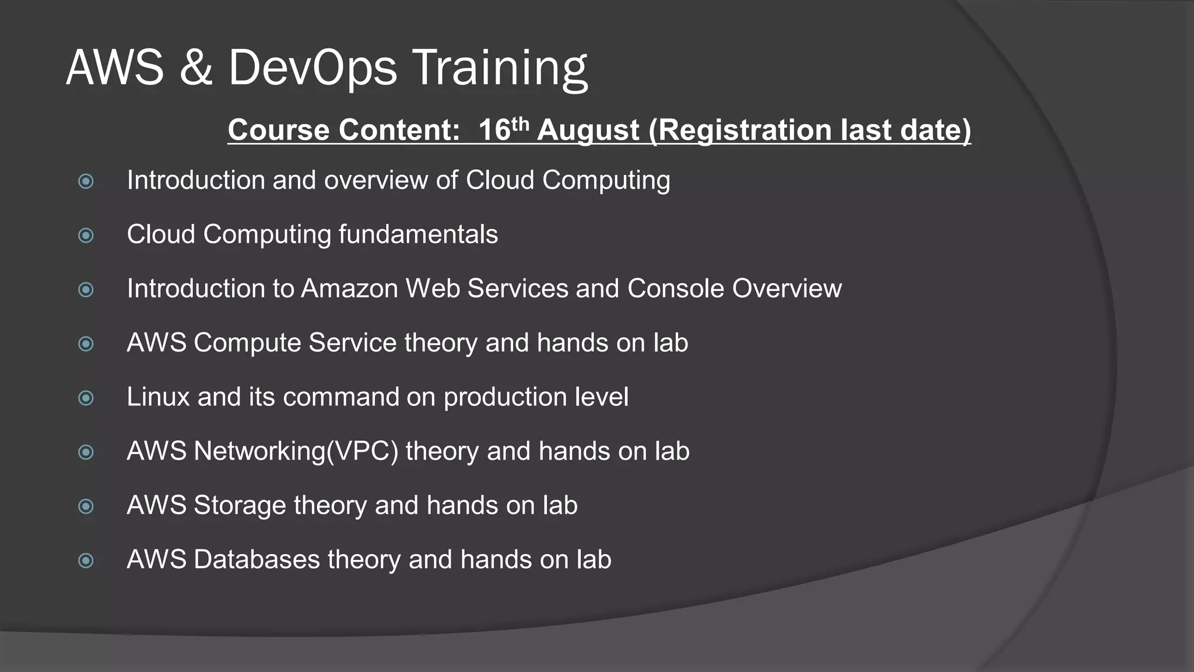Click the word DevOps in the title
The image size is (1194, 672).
(312, 68)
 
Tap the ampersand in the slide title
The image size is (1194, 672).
(196, 68)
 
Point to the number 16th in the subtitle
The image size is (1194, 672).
(503, 129)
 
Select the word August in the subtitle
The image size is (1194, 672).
(588, 130)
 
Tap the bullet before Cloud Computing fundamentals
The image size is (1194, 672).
(86, 236)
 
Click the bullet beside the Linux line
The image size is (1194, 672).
(86, 398)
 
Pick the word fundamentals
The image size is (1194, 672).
(418, 235)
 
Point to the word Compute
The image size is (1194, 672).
(247, 343)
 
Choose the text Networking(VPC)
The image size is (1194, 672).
(296, 452)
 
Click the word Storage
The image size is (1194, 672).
(240, 506)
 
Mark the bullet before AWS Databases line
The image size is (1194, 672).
(86, 561)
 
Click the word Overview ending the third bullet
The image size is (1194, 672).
(786, 289)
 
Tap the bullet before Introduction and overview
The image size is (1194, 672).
(86, 181)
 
